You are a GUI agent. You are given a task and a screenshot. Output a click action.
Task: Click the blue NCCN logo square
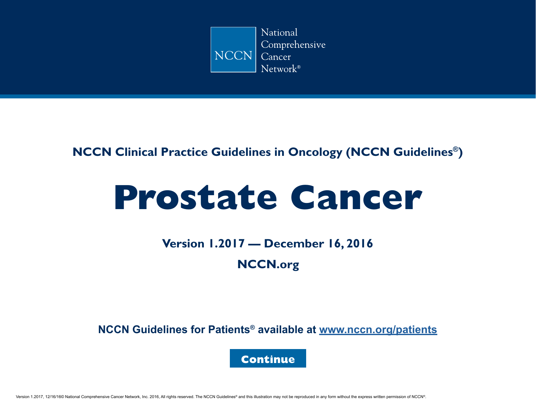[233, 50]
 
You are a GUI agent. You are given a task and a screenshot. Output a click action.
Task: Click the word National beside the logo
[279, 32]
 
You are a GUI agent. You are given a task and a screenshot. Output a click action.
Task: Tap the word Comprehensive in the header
[293, 45]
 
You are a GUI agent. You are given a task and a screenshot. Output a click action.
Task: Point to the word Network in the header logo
[279, 69]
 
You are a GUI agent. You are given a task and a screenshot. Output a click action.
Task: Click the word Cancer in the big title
[356, 197]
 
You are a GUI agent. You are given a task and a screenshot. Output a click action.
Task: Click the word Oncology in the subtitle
[315, 152]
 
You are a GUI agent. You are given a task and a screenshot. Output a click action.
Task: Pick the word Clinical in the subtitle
[136, 152]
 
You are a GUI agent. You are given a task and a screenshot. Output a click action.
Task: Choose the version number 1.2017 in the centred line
[227, 244]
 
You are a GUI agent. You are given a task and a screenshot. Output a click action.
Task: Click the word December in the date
[294, 244]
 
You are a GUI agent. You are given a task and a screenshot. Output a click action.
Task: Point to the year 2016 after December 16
[360, 244]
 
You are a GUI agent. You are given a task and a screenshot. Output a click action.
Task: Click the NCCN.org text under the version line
[268, 265]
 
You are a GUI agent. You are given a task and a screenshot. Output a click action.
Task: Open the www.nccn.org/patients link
[378, 330]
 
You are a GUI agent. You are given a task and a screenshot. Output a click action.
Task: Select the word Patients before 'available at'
[229, 330]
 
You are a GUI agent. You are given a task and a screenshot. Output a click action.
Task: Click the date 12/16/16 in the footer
[53, 397]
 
